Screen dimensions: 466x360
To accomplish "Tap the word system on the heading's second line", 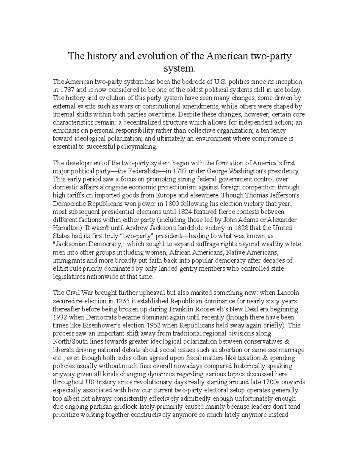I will (x=179, y=68).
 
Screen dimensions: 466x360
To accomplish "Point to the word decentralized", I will (x=141, y=122).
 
